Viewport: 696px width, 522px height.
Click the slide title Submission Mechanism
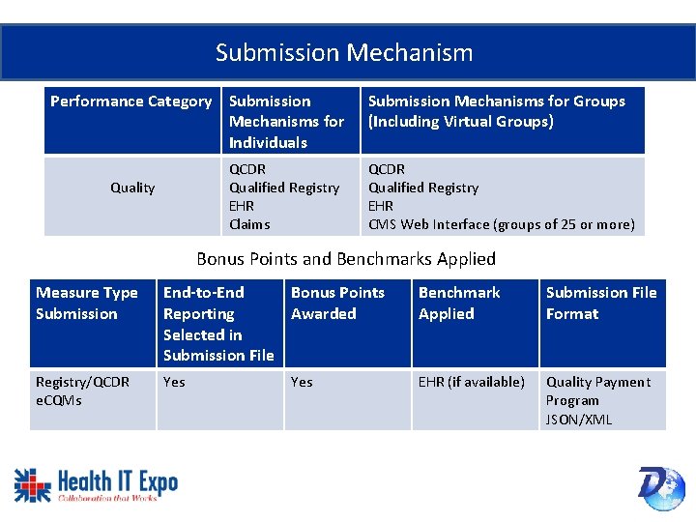tap(344, 52)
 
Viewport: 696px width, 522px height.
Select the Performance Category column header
tap(130, 101)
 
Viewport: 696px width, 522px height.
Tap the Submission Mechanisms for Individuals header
tap(286, 122)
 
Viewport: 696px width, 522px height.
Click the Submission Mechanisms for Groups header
tap(497, 111)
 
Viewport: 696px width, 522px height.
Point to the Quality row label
tap(132, 188)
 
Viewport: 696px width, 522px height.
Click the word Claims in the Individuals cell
tap(249, 224)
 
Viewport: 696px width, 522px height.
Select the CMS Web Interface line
tap(501, 224)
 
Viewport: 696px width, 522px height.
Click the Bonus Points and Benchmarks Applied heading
tap(346, 259)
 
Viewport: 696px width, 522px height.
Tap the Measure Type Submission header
tap(87, 303)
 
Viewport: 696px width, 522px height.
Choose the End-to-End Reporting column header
tap(218, 323)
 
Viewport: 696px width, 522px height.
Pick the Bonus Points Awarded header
tap(337, 303)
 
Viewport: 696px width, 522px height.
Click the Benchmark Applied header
tap(459, 303)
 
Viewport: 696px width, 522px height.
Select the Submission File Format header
tap(600, 303)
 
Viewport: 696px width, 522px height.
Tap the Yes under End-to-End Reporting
tap(174, 382)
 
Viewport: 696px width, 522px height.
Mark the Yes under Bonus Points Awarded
tap(302, 382)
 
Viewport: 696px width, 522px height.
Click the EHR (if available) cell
tap(472, 382)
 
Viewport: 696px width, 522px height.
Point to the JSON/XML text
tap(578, 420)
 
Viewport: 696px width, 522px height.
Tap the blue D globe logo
tap(660, 487)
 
